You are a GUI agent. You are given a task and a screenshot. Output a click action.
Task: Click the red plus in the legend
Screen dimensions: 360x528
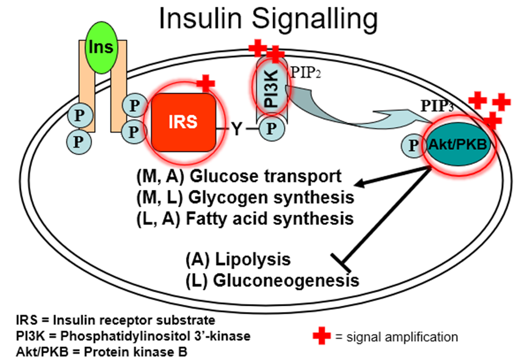pyautogui.click(x=322, y=336)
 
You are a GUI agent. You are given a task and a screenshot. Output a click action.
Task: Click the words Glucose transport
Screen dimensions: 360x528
pyautogui.click(x=266, y=177)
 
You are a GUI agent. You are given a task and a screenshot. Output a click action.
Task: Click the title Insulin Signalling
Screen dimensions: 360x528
pyautogui.click(x=268, y=19)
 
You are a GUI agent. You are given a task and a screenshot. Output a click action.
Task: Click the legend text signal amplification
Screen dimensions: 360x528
pyautogui.click(x=396, y=337)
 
